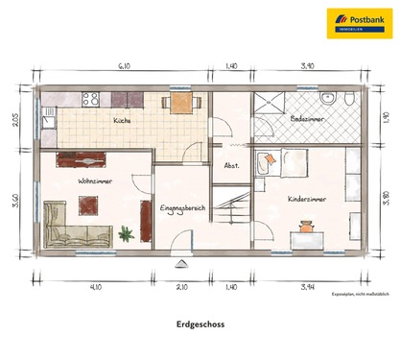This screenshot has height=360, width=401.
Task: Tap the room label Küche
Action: coord(122,121)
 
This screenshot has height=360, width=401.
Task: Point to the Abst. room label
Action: coord(231,164)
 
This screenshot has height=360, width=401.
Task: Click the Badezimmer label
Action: coord(308,118)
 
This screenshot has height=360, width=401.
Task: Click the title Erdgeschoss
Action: coord(200,324)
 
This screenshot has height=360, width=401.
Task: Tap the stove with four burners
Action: coord(91,98)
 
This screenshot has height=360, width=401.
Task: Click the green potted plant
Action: coord(125,232)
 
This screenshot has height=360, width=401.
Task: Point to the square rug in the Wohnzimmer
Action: coord(89,204)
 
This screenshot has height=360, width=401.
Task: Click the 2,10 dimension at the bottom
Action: coord(182,286)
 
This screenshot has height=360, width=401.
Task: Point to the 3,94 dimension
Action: coord(307,286)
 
